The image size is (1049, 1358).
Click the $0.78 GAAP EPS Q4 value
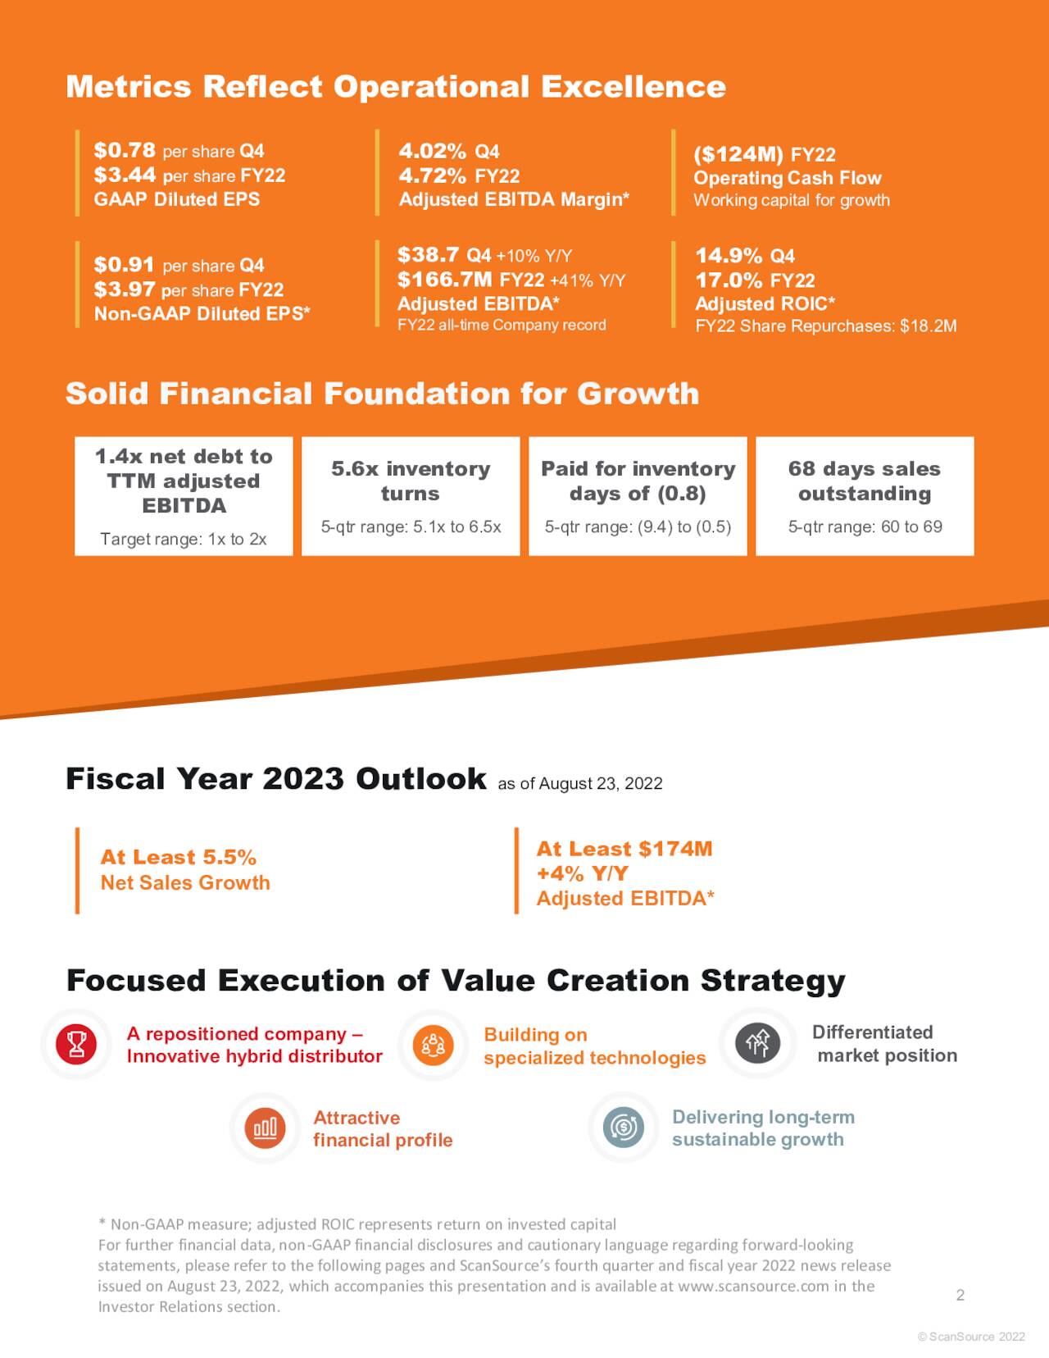125,150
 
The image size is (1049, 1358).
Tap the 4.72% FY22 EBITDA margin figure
433,175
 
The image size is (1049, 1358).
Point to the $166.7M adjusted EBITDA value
445,280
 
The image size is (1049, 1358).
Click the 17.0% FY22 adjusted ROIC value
729,280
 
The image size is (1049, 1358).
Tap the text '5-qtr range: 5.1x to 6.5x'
411,527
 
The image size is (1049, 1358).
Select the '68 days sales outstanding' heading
865,481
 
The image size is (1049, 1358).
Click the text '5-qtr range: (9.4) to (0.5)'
638,527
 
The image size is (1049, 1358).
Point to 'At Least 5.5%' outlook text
178,858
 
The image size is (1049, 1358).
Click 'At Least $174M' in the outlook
624,849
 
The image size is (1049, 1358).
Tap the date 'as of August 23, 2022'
580,783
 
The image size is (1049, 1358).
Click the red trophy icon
76,1044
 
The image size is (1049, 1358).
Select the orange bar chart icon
265,1128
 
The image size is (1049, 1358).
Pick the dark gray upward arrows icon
758,1043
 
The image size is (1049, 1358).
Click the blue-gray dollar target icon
624,1127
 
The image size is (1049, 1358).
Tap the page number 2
960,1295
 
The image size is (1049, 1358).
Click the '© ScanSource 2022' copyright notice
971,1337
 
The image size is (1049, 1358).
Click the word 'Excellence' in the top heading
633,87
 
